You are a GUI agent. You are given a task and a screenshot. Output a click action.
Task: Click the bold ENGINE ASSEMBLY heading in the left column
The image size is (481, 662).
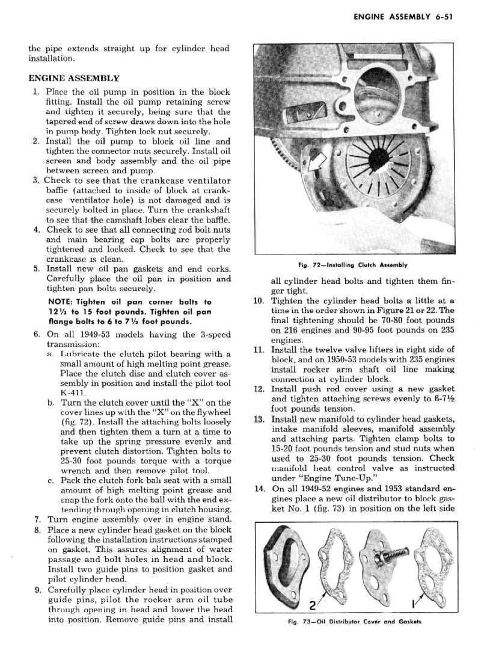pos(74,78)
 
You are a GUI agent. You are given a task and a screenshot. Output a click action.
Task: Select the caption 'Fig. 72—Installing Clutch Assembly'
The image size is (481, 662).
pos(353,265)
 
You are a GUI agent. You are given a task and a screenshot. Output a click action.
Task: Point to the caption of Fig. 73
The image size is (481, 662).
pos(353,622)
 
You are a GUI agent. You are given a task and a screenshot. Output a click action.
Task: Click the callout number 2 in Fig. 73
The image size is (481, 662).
pos(312,604)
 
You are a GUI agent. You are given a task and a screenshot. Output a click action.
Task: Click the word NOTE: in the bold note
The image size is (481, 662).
pos(60,302)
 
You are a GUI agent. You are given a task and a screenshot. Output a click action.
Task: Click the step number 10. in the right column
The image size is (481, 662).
pos(259,302)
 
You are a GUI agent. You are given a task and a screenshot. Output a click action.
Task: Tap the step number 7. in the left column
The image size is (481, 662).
pos(37,519)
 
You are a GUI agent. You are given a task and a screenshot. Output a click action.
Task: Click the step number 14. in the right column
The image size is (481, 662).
pos(259,489)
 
